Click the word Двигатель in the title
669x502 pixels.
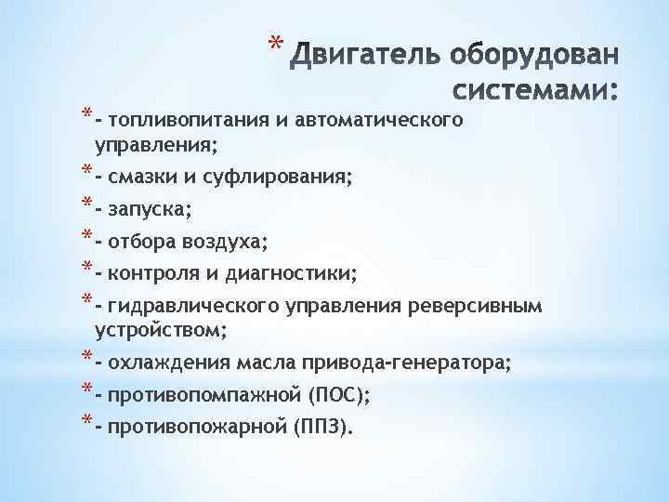pyautogui.click(x=364, y=57)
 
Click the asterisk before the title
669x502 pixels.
pyautogui.click(x=272, y=44)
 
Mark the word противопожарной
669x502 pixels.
pyautogui.click(x=197, y=428)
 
